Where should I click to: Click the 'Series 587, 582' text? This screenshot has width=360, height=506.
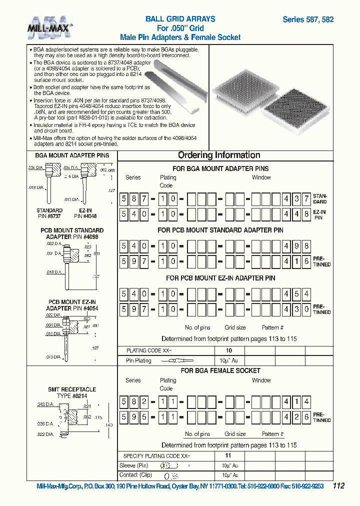(308, 19)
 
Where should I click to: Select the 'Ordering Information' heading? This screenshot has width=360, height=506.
(219, 155)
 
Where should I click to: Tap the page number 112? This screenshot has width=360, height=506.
(338, 485)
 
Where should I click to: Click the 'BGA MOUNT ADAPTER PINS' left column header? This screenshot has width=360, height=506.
(71, 155)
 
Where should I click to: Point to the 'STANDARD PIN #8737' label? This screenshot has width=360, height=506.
(49, 213)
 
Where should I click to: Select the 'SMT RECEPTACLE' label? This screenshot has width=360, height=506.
(72, 389)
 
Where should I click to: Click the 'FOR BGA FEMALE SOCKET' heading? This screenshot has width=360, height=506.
(220, 370)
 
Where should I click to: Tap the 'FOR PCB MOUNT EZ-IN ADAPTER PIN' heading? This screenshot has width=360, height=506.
(220, 278)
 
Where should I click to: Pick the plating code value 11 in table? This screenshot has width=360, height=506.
(228, 456)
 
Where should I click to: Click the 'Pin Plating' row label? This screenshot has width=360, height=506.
(138, 360)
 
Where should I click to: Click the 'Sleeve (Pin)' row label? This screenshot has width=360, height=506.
(134, 465)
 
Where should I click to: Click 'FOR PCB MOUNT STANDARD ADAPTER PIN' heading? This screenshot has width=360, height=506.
(220, 230)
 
